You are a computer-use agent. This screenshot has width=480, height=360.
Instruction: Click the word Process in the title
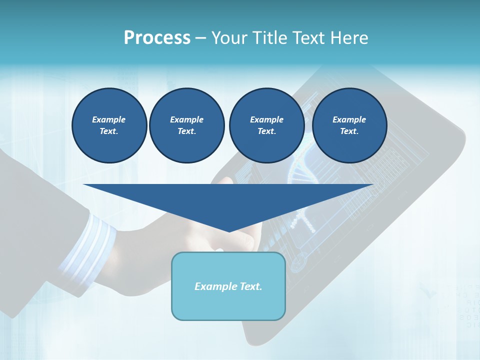pyautogui.click(x=157, y=37)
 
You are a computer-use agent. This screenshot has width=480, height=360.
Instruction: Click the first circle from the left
pyautogui.click(x=109, y=125)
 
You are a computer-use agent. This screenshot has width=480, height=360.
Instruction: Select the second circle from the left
pyautogui.click(x=187, y=125)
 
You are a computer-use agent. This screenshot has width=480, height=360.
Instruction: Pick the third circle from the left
pyautogui.click(x=266, y=125)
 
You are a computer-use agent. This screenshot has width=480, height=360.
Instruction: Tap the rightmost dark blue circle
pyautogui.click(x=349, y=125)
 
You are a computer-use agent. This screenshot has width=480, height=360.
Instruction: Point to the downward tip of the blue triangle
pyautogui.click(x=229, y=231)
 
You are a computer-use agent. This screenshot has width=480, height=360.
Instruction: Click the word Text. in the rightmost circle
pyautogui.click(x=349, y=131)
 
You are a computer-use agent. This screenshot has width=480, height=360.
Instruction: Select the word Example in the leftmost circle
pyautogui.click(x=109, y=119)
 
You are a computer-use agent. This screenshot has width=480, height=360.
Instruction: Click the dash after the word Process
pyautogui.click(x=201, y=38)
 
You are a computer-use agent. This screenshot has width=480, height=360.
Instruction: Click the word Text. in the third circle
pyautogui.click(x=266, y=131)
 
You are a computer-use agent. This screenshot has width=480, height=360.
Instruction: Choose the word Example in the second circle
pyautogui.click(x=187, y=119)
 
